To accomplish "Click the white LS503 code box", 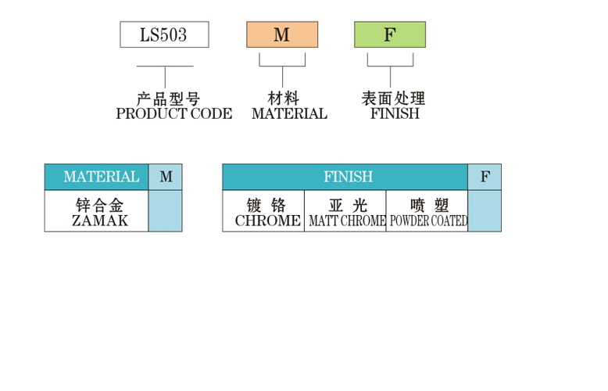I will pos(164,35).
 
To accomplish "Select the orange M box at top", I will pos(282,35).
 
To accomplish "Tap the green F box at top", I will pos(390,35).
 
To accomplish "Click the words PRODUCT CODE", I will pos(173,113).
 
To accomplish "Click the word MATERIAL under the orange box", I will pos(289,113).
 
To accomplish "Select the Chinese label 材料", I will pos(283,99).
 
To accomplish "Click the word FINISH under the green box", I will pos(395,113).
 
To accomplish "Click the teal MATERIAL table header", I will pos(96,177).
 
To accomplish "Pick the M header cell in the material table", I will pos(166,177).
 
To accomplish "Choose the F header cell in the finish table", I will pos(485,177).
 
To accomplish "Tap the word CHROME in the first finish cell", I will pos(267,221).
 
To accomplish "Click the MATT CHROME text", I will pos(347,221).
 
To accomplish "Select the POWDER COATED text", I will pos(428,221).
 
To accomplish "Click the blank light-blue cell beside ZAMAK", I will pos(165,211).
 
